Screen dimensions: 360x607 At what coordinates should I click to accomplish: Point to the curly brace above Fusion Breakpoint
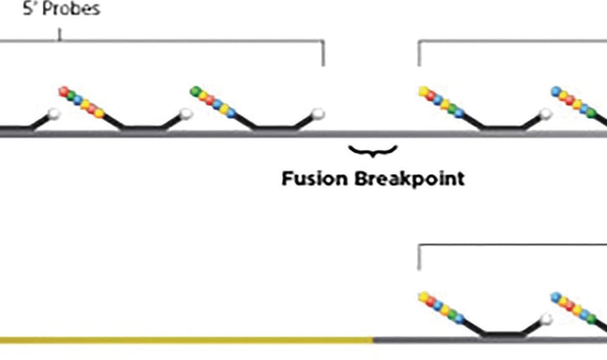click(373, 152)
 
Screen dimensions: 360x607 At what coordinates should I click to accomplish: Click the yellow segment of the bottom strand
click(184, 339)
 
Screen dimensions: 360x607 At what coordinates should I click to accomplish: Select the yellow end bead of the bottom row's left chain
click(423, 296)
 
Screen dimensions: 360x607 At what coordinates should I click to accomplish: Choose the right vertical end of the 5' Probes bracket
click(323, 54)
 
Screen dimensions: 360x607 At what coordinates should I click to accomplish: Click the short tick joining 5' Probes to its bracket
click(59, 35)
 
